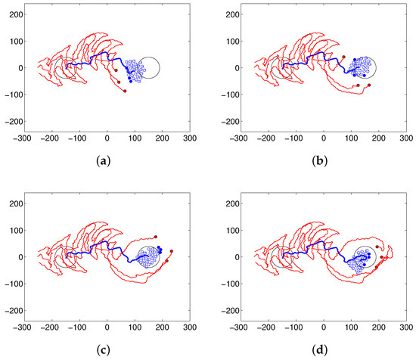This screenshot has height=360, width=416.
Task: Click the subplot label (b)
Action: (318, 160)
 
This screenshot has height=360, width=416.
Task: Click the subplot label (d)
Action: (318, 349)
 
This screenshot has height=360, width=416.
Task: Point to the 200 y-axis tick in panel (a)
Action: (13, 14)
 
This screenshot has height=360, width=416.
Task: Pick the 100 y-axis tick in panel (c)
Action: (13, 230)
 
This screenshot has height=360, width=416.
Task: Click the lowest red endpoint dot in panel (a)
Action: (125, 91)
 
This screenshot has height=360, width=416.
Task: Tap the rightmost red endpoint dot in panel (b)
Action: (369, 85)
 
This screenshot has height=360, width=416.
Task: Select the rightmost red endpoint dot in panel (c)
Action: (172, 251)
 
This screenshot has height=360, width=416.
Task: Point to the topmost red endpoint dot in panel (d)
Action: (377, 247)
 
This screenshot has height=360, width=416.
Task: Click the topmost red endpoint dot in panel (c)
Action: (156, 237)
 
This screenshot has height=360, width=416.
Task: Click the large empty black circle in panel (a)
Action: (149, 67)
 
